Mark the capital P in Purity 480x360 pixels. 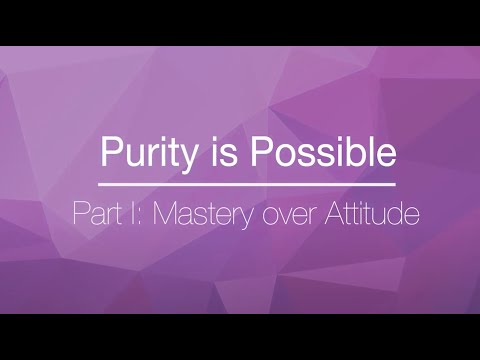click(110, 153)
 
